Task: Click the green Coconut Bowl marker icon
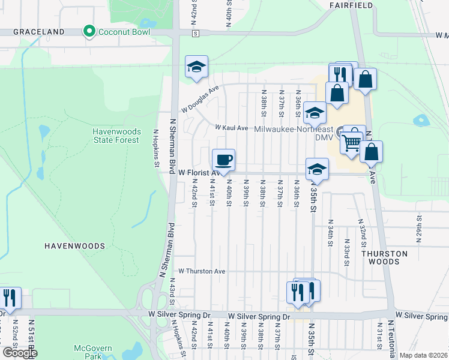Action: tap(90, 31)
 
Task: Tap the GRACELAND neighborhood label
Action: tap(38, 31)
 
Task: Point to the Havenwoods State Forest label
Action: tap(116, 136)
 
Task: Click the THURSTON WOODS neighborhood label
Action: tap(385, 257)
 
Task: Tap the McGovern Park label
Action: tap(89, 352)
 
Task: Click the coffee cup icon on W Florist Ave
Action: tap(224, 160)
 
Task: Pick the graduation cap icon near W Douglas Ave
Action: tap(196, 68)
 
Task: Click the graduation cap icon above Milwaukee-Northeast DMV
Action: tap(315, 113)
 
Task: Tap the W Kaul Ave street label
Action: tap(232, 128)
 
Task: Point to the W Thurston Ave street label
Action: tap(201, 271)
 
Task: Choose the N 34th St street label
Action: tap(330, 236)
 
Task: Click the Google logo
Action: tap(19, 353)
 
